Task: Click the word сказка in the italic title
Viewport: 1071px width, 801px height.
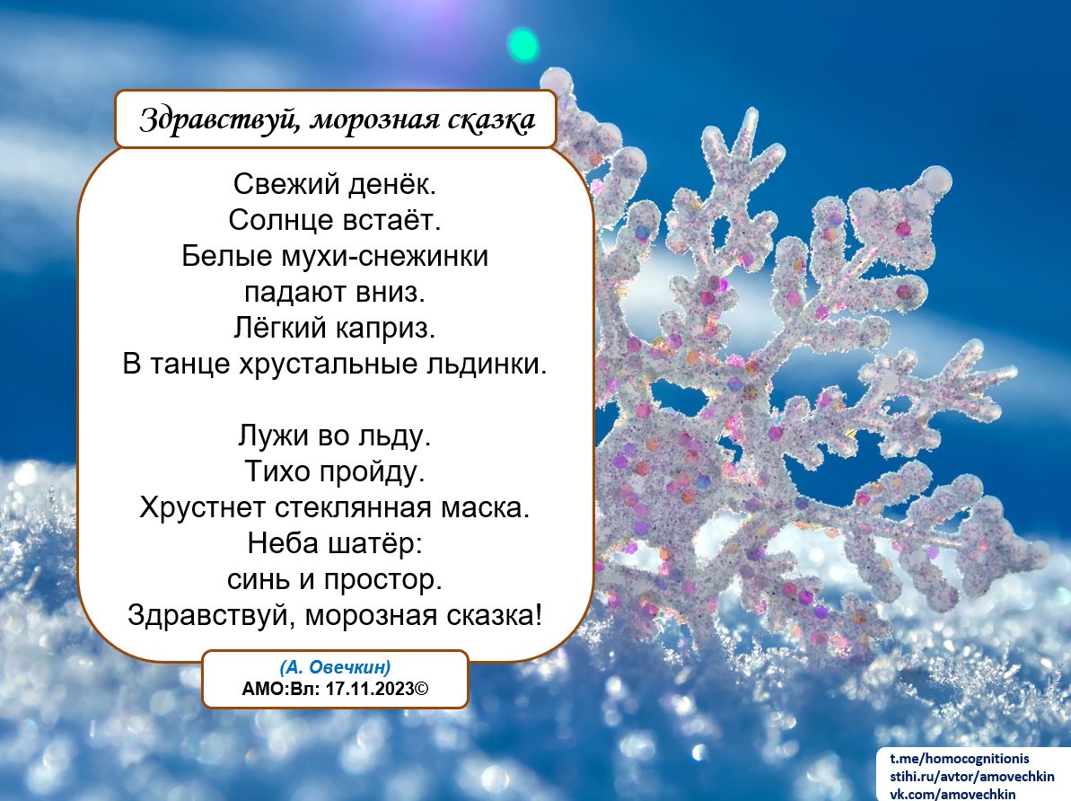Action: [x=491, y=119]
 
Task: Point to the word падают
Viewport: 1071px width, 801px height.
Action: [x=295, y=293]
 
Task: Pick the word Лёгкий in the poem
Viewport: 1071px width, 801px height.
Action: [x=281, y=328]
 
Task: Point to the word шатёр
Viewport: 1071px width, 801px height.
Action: [x=375, y=544]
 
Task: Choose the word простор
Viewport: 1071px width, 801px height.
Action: [x=382, y=580]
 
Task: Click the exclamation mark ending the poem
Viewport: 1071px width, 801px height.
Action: [x=539, y=615]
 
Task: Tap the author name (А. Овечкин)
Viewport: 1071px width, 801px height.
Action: [x=335, y=667]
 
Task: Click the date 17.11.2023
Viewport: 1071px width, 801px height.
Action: [x=370, y=688]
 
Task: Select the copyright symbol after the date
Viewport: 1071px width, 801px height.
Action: [x=422, y=688]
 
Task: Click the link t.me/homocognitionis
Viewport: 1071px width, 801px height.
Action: [x=959, y=759]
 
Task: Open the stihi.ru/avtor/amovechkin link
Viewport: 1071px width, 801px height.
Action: [x=971, y=777]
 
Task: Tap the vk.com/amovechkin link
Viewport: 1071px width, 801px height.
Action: [x=952, y=794]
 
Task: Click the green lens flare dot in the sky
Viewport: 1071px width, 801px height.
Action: [x=522, y=45]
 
